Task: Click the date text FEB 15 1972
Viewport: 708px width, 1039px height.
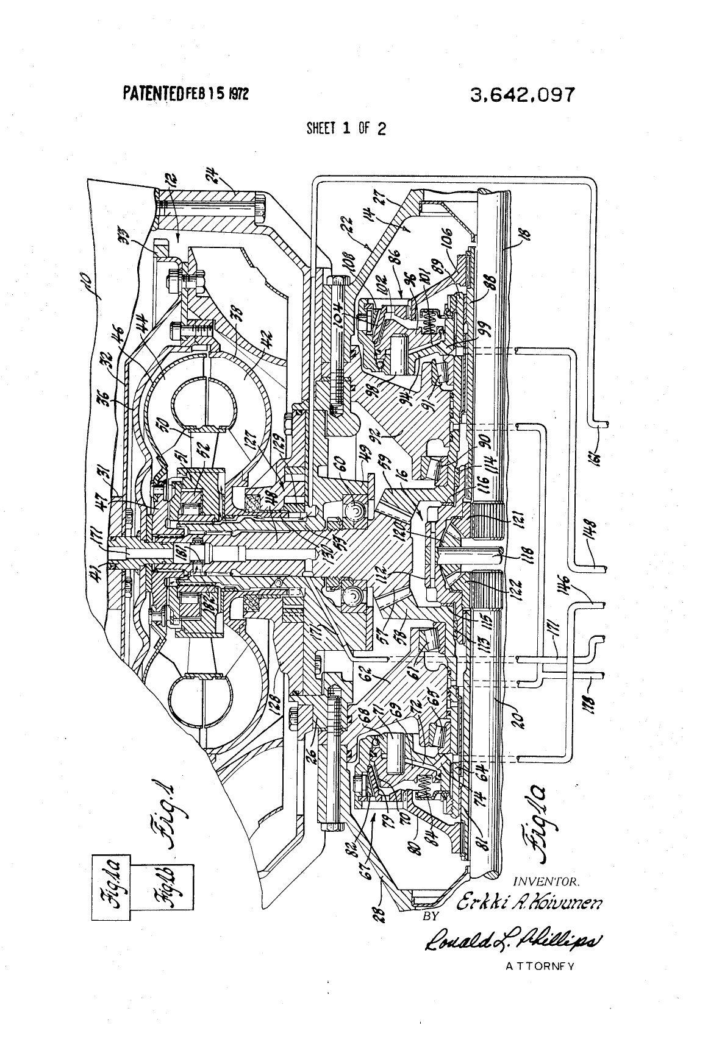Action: click(x=218, y=94)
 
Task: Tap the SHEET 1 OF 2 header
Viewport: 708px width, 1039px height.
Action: click(x=345, y=129)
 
